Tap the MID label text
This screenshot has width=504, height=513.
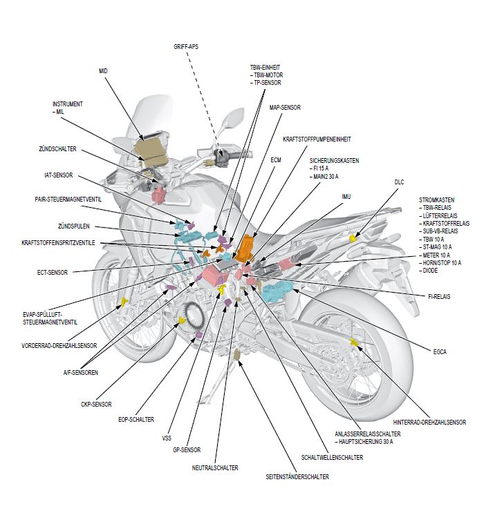pos(103,71)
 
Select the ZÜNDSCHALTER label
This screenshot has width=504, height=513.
pos(57,148)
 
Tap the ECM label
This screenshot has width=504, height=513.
pos(276,159)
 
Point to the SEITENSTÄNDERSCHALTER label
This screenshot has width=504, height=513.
pos(297,477)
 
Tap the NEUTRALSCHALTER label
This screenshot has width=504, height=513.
pos(215,467)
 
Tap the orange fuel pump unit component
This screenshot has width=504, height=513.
pos(245,247)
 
